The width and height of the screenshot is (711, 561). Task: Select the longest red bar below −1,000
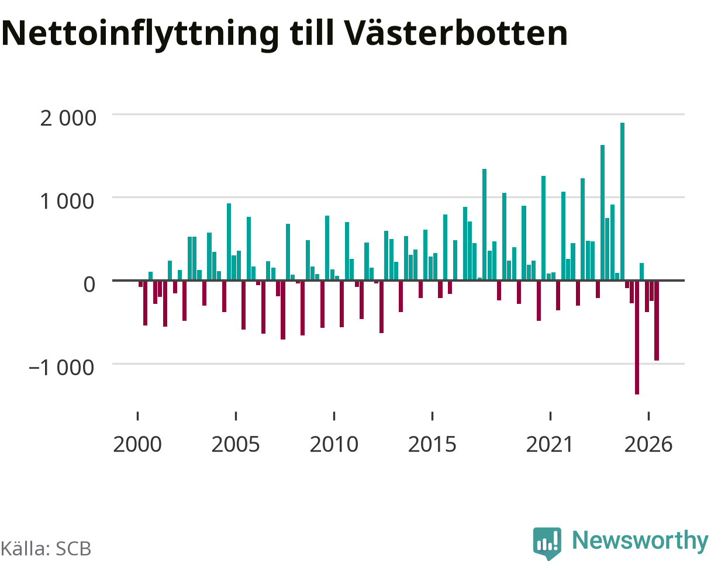[x=637, y=337]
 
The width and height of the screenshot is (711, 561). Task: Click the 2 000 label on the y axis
[x=68, y=118]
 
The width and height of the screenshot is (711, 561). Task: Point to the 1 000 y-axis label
[x=67, y=201]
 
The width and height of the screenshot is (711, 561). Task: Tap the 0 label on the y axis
[x=89, y=284]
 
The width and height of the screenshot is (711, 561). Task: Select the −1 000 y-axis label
[x=61, y=368]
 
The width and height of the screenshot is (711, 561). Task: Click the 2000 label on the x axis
[x=137, y=445]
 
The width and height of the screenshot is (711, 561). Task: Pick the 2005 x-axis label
[x=236, y=445]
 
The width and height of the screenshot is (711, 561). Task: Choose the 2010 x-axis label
[x=334, y=445]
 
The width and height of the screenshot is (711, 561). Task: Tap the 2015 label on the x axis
[x=432, y=445]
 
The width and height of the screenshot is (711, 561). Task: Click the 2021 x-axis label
[x=550, y=445]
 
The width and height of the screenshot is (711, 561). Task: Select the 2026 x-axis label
[x=648, y=445]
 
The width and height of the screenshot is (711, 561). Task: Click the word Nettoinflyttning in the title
[x=140, y=34]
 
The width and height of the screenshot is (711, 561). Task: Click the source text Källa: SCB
[x=46, y=549]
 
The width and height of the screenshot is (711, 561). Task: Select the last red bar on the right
[x=657, y=320]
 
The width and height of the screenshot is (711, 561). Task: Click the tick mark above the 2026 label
[x=648, y=416]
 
